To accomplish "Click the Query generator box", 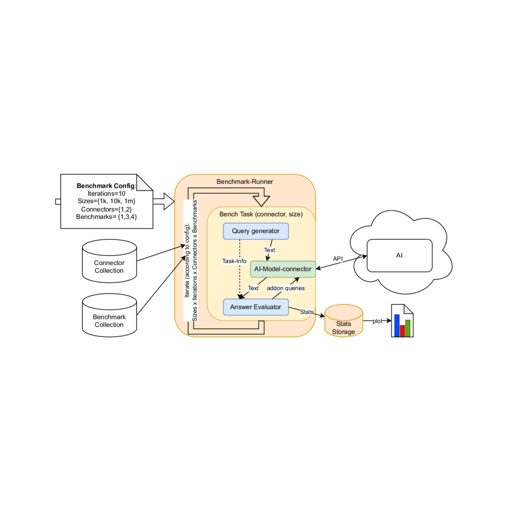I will coord(256,231).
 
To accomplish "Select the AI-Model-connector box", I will coord(283,269).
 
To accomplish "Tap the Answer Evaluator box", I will coord(256,307).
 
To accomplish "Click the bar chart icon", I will coord(402,321).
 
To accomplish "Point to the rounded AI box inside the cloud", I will coord(399,256).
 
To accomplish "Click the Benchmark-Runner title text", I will coord(245,182).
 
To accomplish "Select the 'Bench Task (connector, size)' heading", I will coord(261,214).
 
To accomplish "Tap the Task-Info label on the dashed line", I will coord(234,260).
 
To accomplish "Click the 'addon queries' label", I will coord(285,288).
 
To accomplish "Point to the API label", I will coord(338,258).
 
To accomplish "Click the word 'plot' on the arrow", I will coord(377,321).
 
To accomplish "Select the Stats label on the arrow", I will coord(307,312).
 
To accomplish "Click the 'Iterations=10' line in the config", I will coord(107,193).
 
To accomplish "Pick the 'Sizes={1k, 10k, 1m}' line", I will coord(107,201).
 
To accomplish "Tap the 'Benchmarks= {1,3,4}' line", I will coord(107,217).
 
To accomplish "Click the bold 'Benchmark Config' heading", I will coord(106,185).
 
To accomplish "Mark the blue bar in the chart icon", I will coord(397,325).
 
